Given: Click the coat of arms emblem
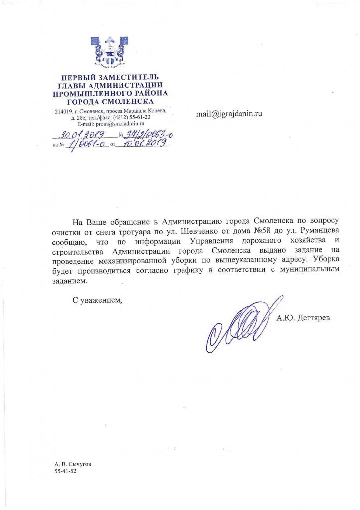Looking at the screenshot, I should pos(110,51).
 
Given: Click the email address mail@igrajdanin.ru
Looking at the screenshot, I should pos(229,114).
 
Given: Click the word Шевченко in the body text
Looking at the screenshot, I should pos(200,231).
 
